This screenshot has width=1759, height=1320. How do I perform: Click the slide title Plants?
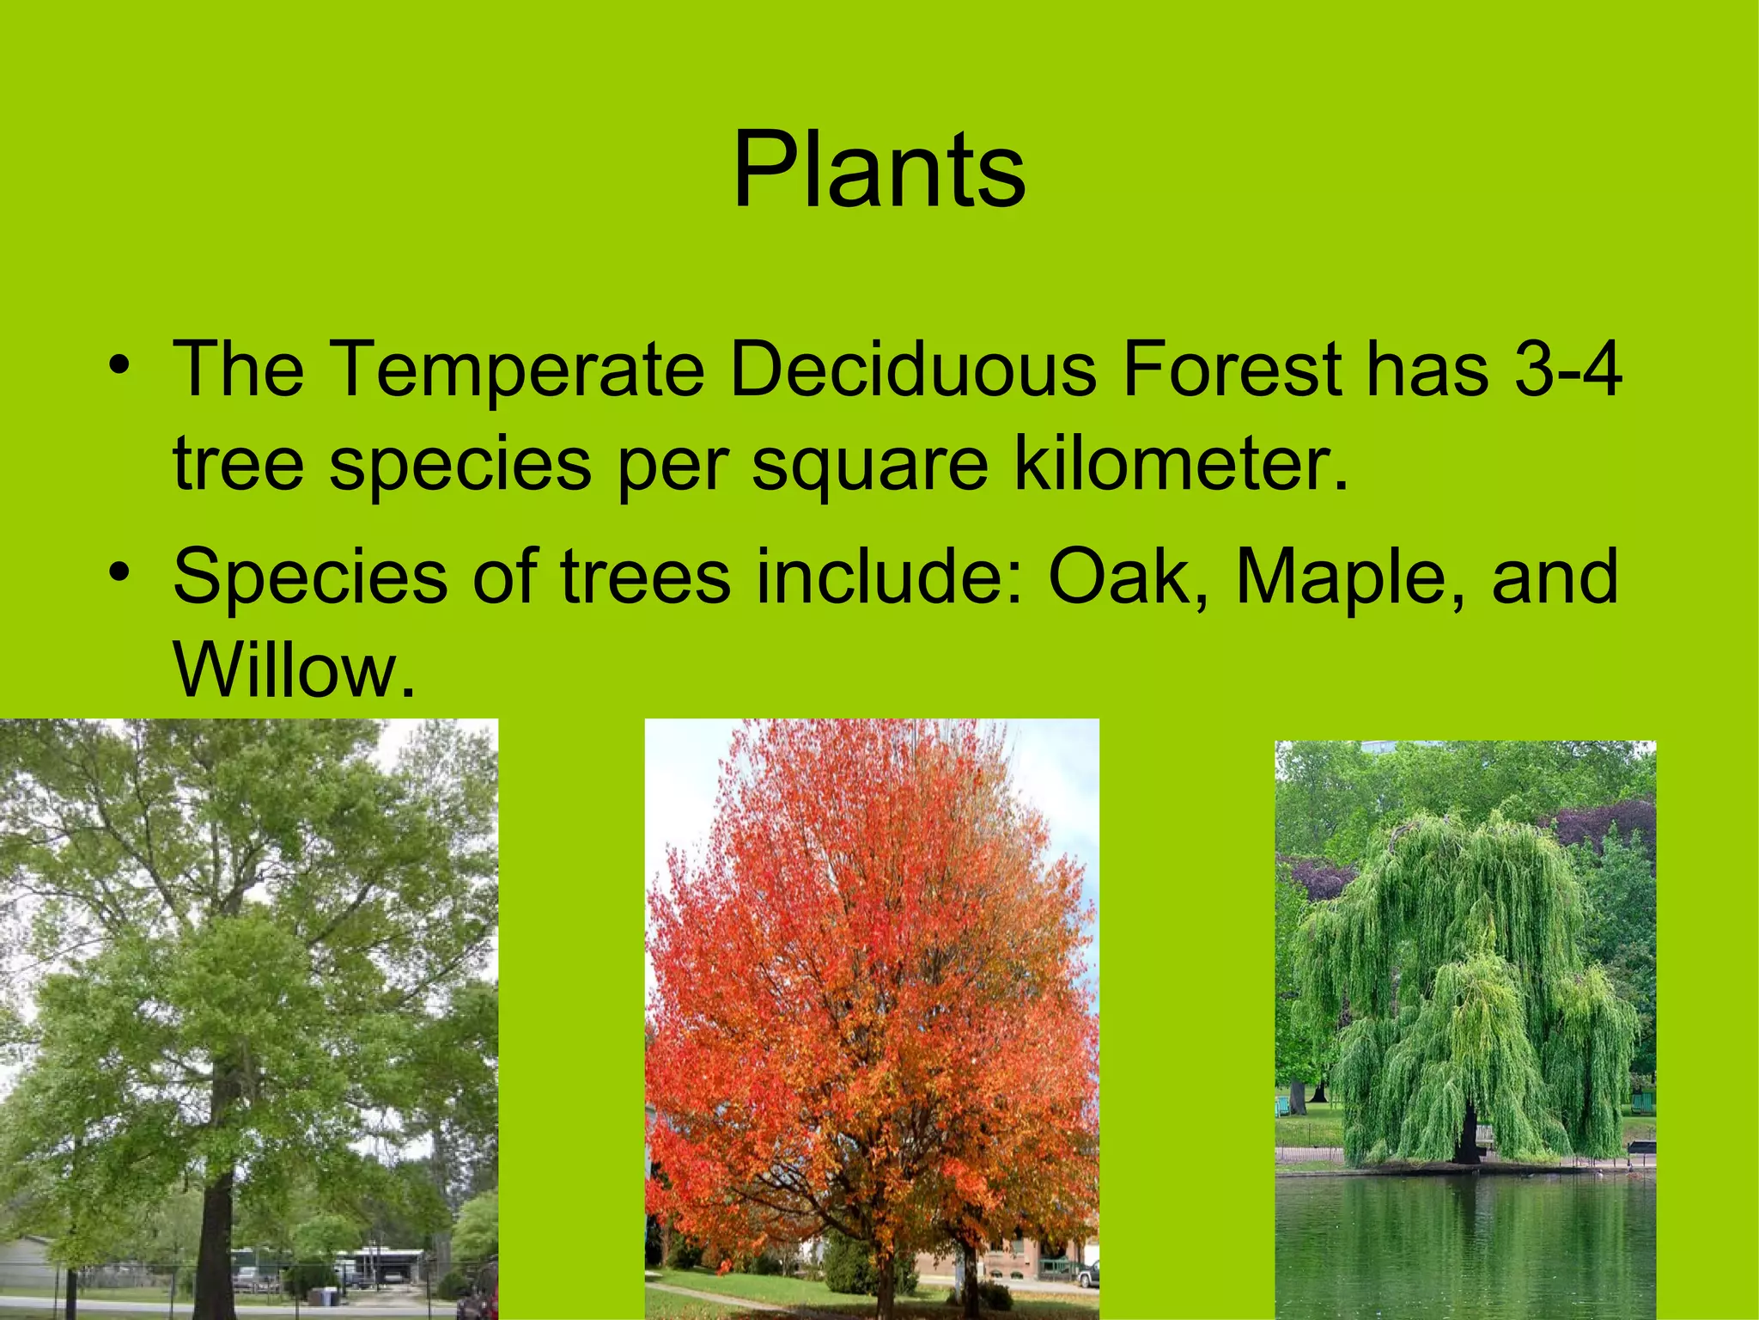click(x=879, y=169)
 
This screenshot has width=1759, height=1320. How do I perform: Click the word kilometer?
click(x=1181, y=464)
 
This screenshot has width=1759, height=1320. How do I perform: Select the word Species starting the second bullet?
click(x=310, y=577)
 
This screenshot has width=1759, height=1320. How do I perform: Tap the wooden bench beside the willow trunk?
click(x=1640, y=1147)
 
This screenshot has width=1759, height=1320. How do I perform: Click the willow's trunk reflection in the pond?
click(x=1470, y=1220)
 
